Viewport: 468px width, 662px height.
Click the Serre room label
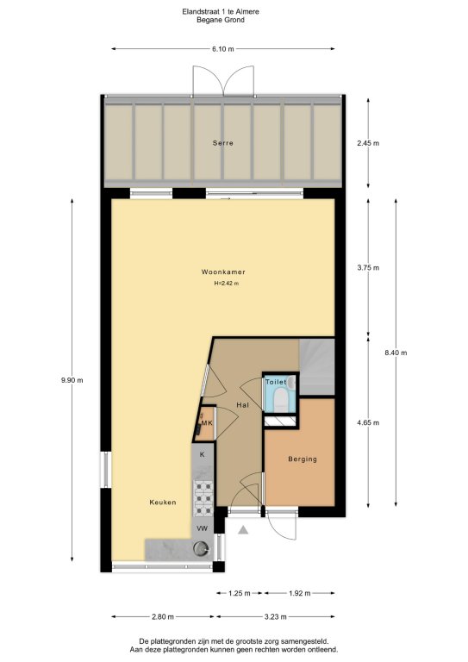223,143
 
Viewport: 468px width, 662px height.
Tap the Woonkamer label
223,272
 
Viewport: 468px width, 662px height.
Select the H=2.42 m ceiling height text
226,284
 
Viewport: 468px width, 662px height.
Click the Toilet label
276,382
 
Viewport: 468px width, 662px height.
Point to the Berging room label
303,459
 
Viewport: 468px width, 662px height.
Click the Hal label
243,405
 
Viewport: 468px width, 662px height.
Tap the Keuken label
163,503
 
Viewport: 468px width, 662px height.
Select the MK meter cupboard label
207,422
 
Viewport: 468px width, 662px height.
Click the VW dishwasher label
203,528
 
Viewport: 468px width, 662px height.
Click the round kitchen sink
201,549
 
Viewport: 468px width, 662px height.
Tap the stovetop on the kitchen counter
203,498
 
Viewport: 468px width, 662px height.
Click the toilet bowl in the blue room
280,398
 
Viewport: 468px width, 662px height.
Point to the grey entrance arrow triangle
243,530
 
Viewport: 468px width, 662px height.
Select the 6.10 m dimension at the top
223,49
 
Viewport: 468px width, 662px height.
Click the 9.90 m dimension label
72,380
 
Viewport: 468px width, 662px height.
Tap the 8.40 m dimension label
396,353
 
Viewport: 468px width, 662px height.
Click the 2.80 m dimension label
163,617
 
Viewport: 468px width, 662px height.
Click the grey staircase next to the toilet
316,366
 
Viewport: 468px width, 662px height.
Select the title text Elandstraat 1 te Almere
221,12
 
